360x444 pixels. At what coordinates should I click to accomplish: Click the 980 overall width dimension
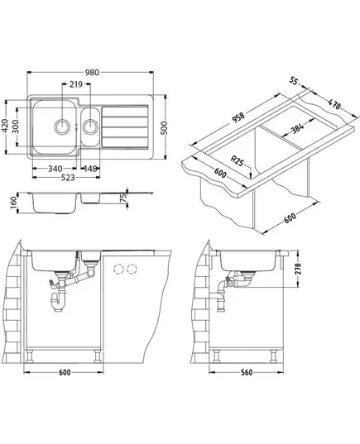[x=92, y=73]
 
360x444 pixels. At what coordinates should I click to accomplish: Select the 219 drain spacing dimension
[x=76, y=84]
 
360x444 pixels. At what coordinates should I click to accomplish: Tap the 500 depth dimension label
[x=165, y=127]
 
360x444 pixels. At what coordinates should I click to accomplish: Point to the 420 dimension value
[x=5, y=126]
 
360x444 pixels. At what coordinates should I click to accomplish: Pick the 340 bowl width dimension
[x=55, y=169]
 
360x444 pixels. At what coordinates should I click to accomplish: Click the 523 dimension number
[x=68, y=178]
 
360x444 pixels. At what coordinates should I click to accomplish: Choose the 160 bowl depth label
[x=13, y=203]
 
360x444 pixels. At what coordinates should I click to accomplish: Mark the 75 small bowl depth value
[x=123, y=198]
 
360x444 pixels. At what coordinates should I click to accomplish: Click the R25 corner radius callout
[x=237, y=161]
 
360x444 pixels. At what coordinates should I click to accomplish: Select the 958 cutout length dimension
[x=238, y=117]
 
